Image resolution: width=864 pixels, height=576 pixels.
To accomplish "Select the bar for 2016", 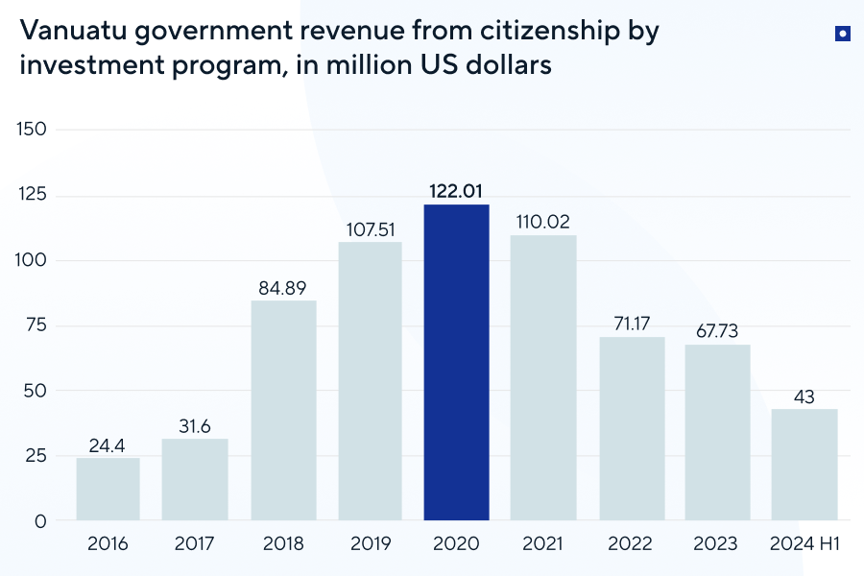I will tap(108, 489).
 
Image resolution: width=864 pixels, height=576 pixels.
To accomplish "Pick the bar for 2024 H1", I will tap(804, 465).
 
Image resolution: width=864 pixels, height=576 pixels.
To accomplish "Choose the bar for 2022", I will tap(631, 428).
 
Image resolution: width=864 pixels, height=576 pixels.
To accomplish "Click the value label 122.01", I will tap(457, 190).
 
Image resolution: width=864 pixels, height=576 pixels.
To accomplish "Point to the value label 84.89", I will tap(283, 287).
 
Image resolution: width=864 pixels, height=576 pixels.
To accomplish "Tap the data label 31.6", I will tap(195, 425).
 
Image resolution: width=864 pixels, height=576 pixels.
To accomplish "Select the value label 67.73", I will tap(717, 330).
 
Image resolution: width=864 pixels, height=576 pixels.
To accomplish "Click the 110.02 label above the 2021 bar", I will tap(543, 221).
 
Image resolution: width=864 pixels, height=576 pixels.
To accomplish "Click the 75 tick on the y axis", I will tap(36, 325).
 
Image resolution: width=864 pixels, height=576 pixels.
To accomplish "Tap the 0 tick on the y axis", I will tap(40, 521).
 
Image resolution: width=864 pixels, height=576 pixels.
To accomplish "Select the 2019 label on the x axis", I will tap(371, 544).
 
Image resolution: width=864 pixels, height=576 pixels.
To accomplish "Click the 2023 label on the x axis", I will tap(717, 544).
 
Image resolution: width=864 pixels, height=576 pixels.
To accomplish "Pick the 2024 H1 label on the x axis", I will tap(804, 544).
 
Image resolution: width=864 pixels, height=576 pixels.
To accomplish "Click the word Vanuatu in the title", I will tap(72, 31).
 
